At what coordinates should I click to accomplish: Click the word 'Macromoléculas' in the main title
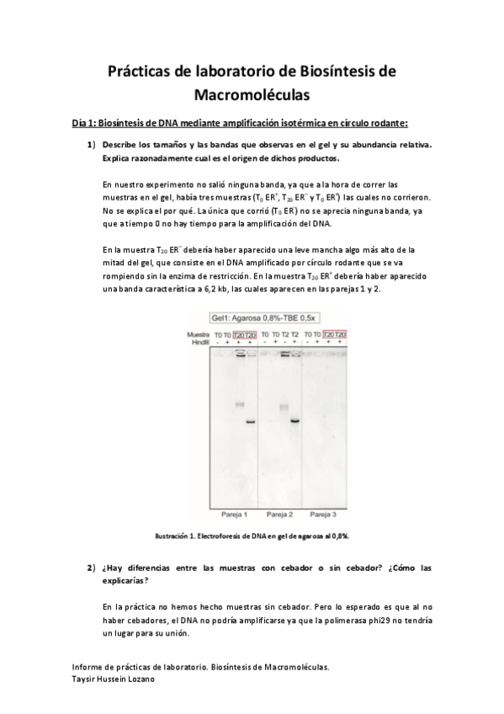(x=252, y=95)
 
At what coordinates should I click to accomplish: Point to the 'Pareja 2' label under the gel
(x=279, y=513)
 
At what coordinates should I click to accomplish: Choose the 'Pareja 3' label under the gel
(x=325, y=513)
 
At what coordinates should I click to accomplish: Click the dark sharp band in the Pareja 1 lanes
(x=250, y=423)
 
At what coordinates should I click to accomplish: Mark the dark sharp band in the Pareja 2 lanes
(x=295, y=420)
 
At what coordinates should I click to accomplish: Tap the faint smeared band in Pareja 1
(x=240, y=404)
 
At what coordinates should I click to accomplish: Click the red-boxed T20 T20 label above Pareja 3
(x=335, y=334)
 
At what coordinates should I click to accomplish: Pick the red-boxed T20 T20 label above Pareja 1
(x=244, y=334)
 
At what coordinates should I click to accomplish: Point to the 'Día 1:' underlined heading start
(x=85, y=123)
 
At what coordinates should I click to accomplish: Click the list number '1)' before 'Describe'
(x=92, y=145)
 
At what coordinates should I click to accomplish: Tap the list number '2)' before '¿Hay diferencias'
(x=92, y=568)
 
